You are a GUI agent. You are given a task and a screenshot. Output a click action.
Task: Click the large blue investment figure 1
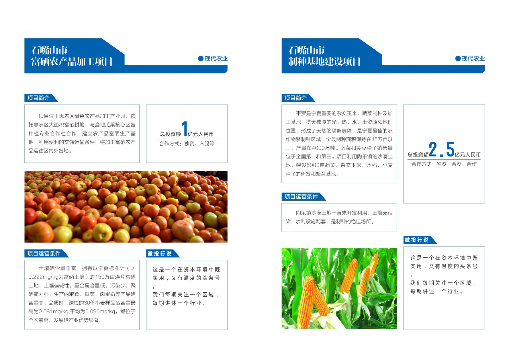(x=184, y=128)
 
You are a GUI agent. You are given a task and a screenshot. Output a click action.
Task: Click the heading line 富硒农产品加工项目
(x=72, y=62)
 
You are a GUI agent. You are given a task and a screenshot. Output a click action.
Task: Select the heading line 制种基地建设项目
(x=324, y=62)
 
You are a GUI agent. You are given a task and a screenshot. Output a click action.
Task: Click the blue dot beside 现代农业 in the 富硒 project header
(x=201, y=58)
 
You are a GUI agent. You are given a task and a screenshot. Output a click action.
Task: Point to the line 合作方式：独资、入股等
(x=187, y=144)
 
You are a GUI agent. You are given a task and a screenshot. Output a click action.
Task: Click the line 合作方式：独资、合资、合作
(x=444, y=164)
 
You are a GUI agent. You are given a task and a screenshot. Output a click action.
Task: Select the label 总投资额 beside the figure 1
(x=171, y=134)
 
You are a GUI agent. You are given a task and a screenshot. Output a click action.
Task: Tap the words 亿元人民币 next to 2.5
(x=467, y=155)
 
